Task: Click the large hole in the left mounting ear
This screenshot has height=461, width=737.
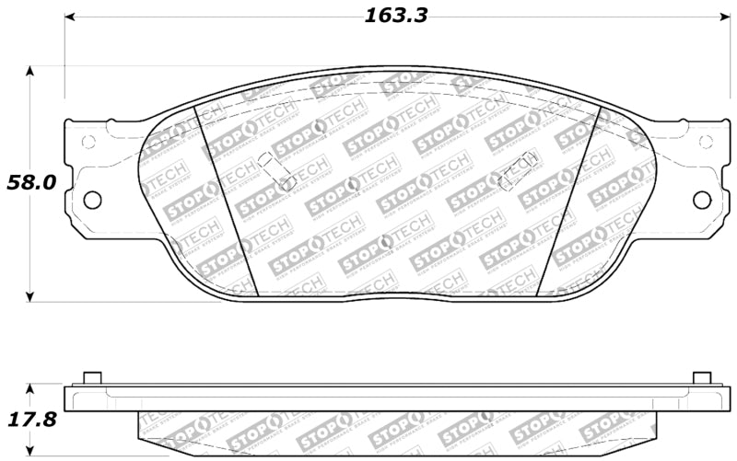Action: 91,199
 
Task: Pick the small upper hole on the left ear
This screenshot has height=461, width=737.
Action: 88,142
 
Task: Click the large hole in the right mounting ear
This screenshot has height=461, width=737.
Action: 702,199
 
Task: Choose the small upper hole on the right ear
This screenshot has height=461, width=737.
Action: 705,142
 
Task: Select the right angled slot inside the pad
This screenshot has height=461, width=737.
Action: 518,169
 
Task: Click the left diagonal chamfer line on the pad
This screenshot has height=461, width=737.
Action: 227,198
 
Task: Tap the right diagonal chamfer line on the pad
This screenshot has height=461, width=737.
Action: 568,198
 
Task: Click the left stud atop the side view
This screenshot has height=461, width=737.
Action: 91,378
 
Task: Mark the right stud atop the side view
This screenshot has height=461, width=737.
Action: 701,378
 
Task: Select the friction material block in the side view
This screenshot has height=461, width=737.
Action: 396,424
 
